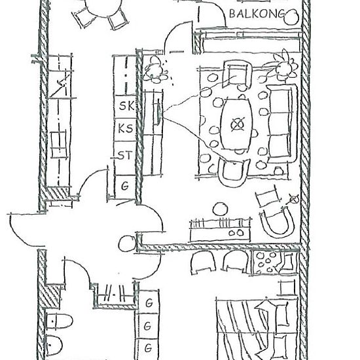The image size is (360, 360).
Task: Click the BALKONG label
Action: [x=257, y=14]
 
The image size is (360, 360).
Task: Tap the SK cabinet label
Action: [x=126, y=106]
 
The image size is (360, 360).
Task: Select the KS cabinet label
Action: [x=126, y=128]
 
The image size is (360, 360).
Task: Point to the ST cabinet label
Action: [x=126, y=155]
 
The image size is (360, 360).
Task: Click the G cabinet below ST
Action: [x=125, y=186]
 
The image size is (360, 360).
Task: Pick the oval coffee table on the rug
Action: [x=236, y=124]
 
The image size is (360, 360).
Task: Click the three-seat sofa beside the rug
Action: [x=281, y=124]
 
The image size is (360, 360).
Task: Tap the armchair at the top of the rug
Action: [x=237, y=74]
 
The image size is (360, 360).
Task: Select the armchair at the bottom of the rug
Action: [x=234, y=172]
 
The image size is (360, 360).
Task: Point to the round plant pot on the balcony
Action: [x=291, y=17]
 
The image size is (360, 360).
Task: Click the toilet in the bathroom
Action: [x=59, y=321]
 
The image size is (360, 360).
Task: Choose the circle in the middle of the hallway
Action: [x=127, y=244]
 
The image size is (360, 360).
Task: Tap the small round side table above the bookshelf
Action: [x=221, y=209]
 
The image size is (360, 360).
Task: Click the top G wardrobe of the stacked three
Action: [x=149, y=302]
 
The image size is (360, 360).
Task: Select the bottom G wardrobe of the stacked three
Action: [x=149, y=348]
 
